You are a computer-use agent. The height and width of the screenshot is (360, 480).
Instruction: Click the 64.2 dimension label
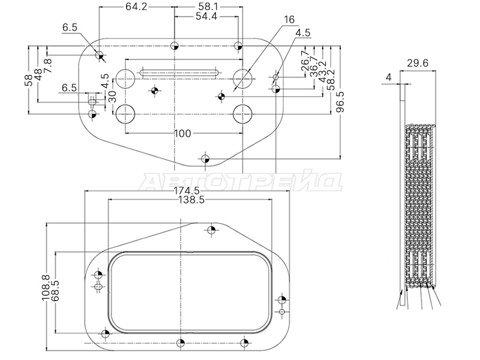(137, 7)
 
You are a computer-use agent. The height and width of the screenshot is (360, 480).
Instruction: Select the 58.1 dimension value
(208, 7)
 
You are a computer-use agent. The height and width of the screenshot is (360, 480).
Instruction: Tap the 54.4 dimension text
(206, 17)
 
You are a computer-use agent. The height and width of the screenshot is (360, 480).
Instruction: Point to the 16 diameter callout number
(289, 20)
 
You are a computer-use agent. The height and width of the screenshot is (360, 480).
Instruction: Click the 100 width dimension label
(182, 133)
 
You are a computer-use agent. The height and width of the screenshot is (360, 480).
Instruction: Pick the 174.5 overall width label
(187, 191)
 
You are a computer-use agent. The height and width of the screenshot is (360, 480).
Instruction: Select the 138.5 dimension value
(191, 200)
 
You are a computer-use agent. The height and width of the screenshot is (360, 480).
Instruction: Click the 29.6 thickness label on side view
(418, 63)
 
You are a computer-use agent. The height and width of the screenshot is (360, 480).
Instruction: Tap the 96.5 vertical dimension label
(340, 102)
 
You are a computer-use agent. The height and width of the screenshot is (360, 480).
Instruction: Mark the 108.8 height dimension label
(46, 287)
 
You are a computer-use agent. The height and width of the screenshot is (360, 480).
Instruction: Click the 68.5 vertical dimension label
(55, 291)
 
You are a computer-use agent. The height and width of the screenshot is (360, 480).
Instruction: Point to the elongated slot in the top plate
(179, 73)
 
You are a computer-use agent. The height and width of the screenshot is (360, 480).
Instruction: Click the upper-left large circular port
(125, 79)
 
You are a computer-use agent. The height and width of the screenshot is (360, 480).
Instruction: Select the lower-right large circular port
(242, 115)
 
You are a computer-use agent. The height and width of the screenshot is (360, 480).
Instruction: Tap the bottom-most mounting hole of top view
(205, 159)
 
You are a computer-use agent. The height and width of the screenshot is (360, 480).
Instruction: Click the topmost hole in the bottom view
(211, 230)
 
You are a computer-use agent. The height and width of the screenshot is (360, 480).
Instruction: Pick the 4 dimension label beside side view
(388, 77)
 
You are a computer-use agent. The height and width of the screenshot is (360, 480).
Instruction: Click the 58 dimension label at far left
(28, 80)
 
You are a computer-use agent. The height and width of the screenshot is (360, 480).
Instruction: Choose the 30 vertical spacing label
(112, 97)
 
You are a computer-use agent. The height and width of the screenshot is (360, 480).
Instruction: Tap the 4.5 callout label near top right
(303, 32)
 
